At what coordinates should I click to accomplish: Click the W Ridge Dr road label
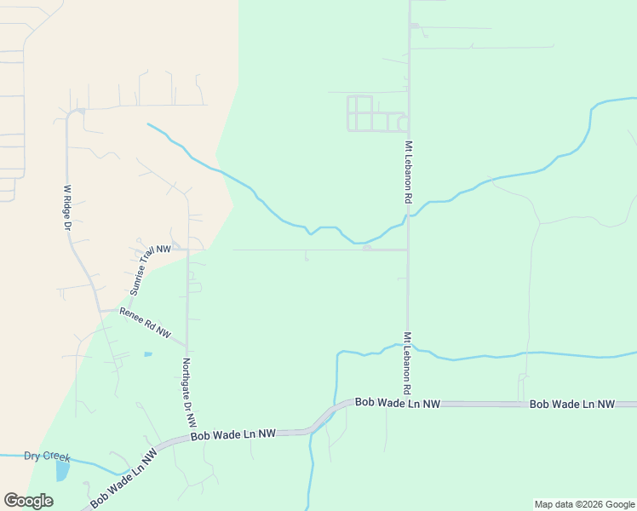(x=67, y=209)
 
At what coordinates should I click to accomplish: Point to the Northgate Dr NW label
(x=189, y=392)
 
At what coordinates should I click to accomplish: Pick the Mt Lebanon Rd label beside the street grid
(x=409, y=171)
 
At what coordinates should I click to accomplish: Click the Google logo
(x=28, y=501)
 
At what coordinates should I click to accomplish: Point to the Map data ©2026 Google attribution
(x=584, y=504)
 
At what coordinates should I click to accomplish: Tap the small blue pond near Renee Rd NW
(x=148, y=353)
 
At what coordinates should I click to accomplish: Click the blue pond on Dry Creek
(x=62, y=468)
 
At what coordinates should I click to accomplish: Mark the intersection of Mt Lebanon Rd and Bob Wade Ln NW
(x=408, y=403)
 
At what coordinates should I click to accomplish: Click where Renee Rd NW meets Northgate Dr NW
(x=187, y=346)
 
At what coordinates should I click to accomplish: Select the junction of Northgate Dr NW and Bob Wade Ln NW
(x=188, y=435)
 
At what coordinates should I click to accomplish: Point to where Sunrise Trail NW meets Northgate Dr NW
(x=187, y=250)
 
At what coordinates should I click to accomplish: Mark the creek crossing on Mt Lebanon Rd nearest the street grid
(x=408, y=216)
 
